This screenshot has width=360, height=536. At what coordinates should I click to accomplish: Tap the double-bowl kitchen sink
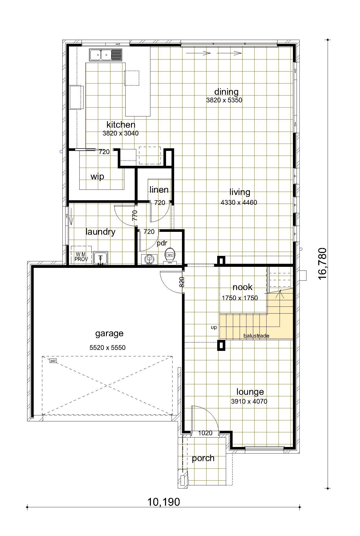[x=105, y=55]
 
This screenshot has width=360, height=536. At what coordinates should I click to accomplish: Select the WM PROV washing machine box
[x=81, y=255]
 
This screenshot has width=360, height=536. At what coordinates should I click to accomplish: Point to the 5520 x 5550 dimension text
[x=108, y=347]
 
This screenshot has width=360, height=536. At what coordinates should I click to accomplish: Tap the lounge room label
[x=250, y=392]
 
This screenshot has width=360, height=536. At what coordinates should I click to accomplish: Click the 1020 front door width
[x=205, y=433]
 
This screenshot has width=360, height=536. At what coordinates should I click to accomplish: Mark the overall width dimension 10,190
[x=164, y=502]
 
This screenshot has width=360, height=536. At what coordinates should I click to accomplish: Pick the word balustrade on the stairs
[x=256, y=336]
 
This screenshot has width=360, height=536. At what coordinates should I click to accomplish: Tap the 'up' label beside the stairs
[x=214, y=327]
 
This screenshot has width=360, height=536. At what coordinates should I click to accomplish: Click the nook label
[x=243, y=287]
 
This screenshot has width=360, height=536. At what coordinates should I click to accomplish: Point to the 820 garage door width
[x=182, y=282]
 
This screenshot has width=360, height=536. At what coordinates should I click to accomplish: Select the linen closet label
[x=159, y=189]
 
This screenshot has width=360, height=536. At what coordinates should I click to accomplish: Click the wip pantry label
[x=97, y=176]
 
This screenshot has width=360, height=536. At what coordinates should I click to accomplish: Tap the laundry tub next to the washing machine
[x=101, y=258]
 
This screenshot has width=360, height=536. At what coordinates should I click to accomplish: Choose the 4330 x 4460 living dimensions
[x=239, y=202]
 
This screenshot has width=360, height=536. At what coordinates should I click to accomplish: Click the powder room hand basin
[x=149, y=259]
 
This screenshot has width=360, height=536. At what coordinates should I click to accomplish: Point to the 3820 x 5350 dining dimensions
[x=224, y=100]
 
